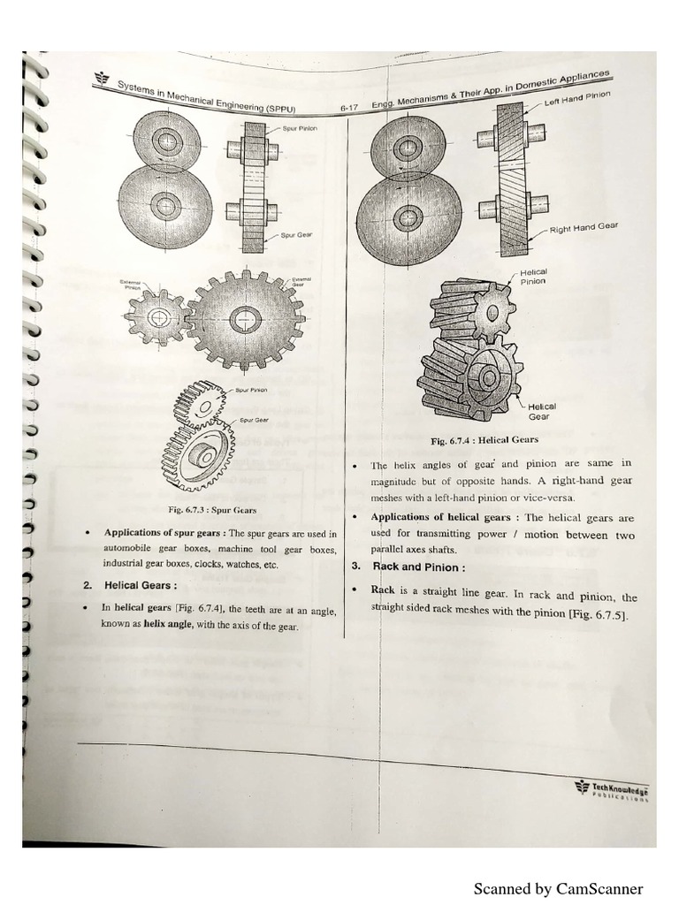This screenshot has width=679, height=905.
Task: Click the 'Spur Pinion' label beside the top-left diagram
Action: (301, 129)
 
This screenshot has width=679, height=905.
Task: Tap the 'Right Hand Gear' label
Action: (584, 228)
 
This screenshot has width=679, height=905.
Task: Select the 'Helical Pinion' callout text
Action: (533, 277)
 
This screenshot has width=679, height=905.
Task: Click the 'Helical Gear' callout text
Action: (540, 411)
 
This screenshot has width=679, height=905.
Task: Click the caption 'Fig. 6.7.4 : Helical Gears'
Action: (484, 439)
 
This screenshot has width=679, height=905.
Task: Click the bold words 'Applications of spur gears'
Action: (164, 533)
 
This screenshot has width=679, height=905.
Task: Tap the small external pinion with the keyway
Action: (156, 316)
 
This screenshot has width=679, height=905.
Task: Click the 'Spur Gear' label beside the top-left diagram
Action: (294, 236)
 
